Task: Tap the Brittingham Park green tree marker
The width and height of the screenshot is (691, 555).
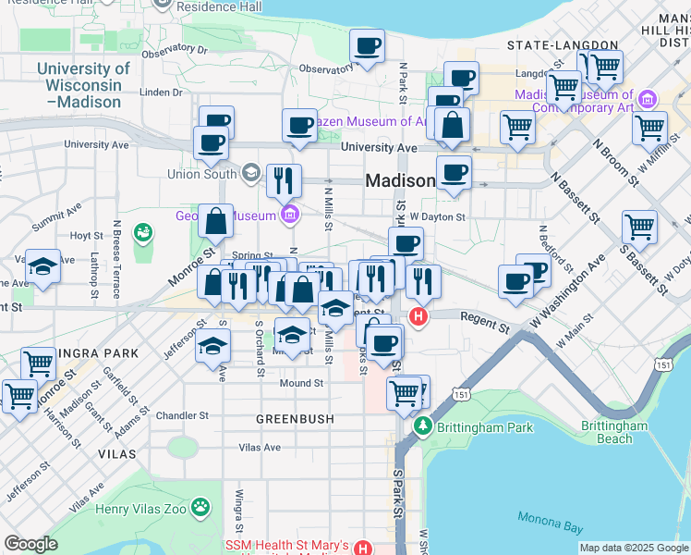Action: pyautogui.click(x=423, y=425)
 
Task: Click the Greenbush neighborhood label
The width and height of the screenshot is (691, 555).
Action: pyautogui.click(x=296, y=419)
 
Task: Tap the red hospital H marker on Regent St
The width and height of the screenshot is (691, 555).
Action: pyautogui.click(x=418, y=317)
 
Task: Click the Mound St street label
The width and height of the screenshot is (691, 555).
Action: pyautogui.click(x=302, y=383)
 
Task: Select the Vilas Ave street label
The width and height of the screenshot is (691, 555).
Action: pyautogui.click(x=260, y=448)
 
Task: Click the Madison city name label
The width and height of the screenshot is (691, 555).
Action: pyautogui.click(x=400, y=181)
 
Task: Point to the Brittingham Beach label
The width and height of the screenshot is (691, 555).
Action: pyautogui.click(x=615, y=432)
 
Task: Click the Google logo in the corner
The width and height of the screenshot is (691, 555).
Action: pyautogui.click(x=31, y=544)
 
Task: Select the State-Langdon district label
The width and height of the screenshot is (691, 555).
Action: pyautogui.click(x=563, y=44)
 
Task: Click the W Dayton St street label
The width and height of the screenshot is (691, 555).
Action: pyautogui.click(x=439, y=216)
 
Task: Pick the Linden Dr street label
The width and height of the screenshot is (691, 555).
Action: pyautogui.click(x=162, y=92)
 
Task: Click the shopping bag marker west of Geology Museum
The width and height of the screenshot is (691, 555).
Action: pyautogui.click(x=215, y=222)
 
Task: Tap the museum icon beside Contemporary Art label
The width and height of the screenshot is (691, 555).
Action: pyautogui.click(x=647, y=99)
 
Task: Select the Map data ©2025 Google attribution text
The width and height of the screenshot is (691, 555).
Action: pyautogui.click(x=633, y=548)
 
